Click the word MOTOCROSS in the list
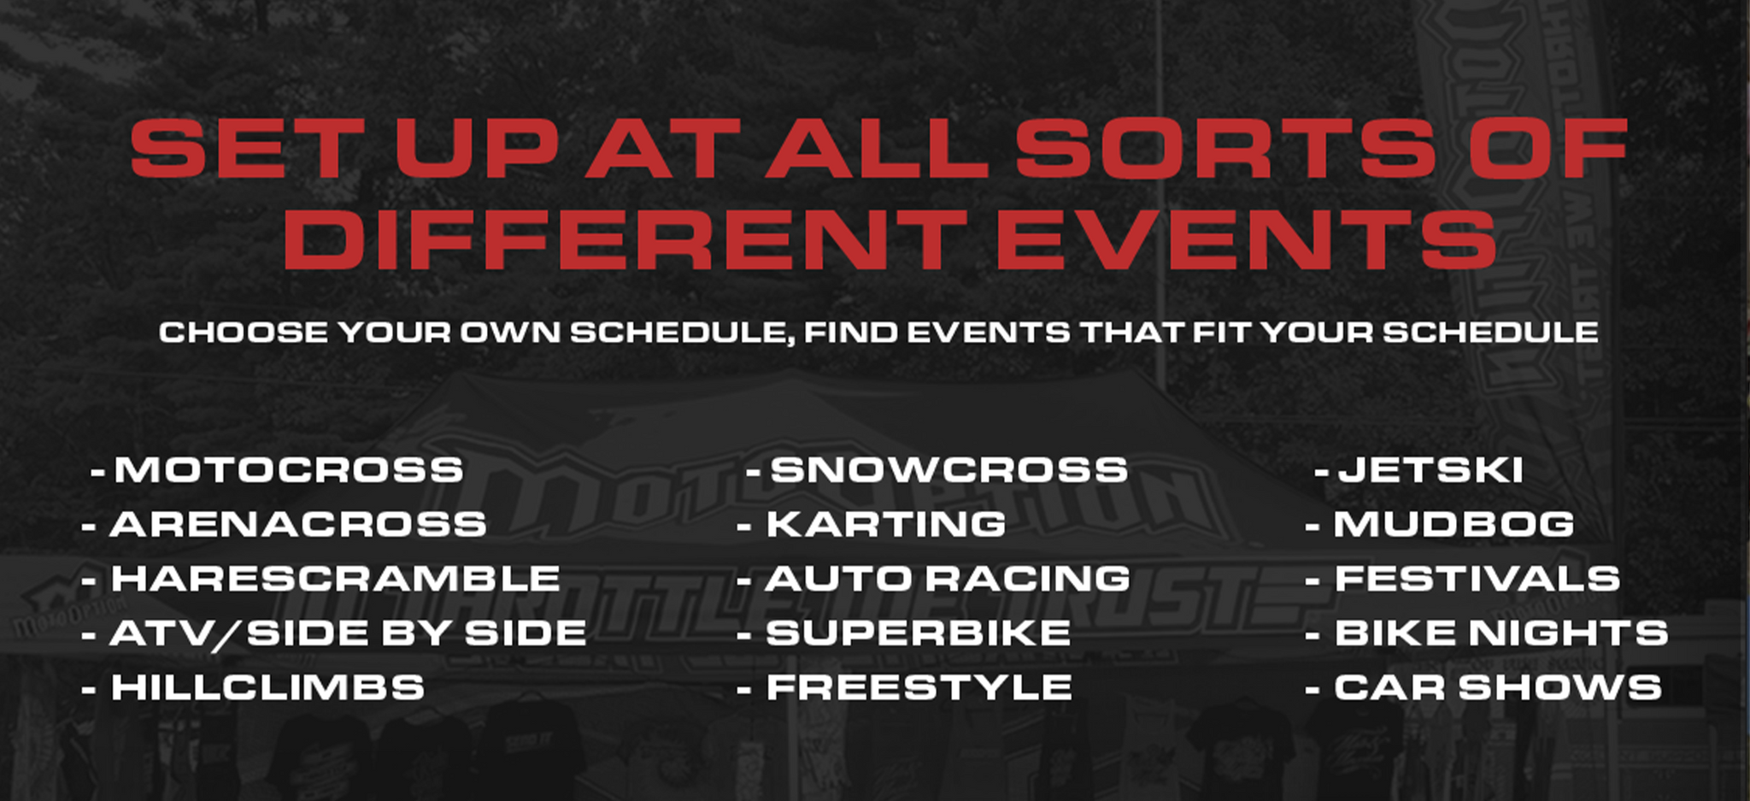coord(290,470)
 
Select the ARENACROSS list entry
coord(298,525)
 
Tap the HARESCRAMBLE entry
coord(336,579)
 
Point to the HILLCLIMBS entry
coord(267,687)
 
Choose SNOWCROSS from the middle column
coord(949,470)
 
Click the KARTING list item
coord(886,525)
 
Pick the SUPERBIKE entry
coord(919,633)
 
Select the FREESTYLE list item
coord(919,687)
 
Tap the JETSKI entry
coord(1431,470)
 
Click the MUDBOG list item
coord(1454,525)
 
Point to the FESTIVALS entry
coord(1477,579)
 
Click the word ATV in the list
coord(161,633)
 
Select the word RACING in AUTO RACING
coord(1029,579)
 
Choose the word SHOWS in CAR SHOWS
coord(1560,687)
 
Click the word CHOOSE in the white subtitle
coord(244,332)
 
